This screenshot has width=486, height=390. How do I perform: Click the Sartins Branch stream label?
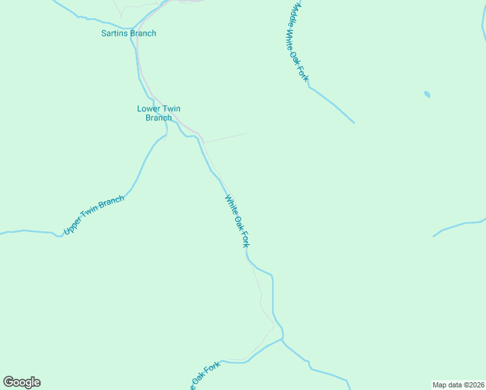(x=129, y=33)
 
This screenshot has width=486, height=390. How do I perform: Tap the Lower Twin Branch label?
(x=159, y=113)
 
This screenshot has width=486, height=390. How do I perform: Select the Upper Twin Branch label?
(x=94, y=215)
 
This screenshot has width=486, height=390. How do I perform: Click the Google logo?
(x=22, y=382)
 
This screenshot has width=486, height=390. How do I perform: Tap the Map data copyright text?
(x=458, y=384)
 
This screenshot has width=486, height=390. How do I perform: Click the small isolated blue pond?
(x=427, y=94)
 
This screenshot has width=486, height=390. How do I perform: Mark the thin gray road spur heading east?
(x=226, y=138)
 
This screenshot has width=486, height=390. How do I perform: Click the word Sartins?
(x=114, y=33)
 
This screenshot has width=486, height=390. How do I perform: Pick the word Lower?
(x=149, y=109)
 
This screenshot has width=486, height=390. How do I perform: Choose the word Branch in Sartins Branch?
(x=143, y=33)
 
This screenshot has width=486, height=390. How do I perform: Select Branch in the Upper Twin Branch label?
(x=111, y=205)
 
